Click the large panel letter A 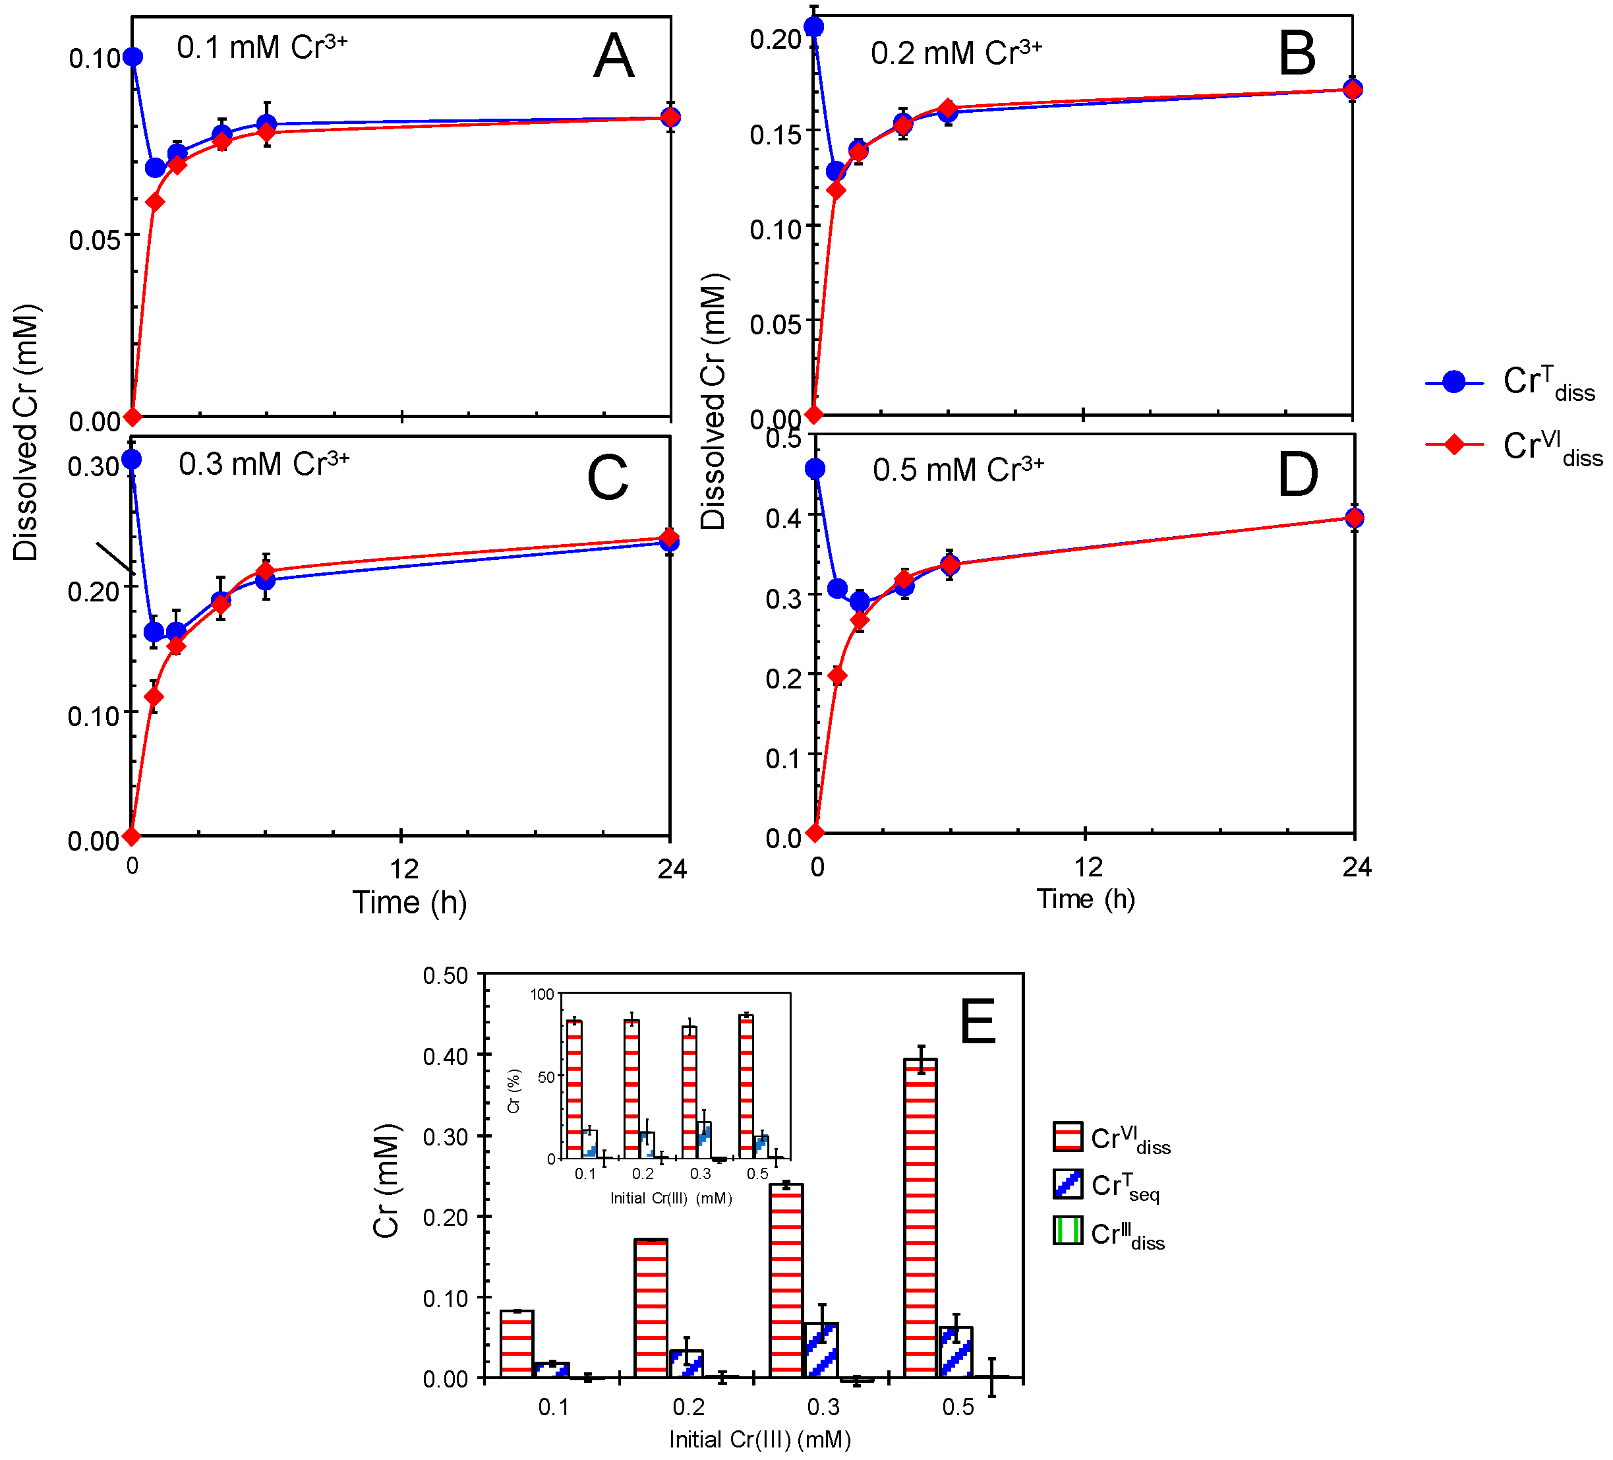click(x=614, y=56)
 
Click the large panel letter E click(x=977, y=1022)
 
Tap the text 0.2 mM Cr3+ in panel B click(x=955, y=53)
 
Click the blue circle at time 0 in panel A click(x=132, y=57)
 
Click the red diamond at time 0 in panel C click(x=132, y=836)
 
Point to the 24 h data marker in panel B click(x=1352, y=89)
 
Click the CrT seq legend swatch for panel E click(x=1068, y=1184)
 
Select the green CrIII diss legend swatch click(x=1068, y=1231)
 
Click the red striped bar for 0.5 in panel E click(x=920, y=1217)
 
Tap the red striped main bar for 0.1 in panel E click(x=517, y=1344)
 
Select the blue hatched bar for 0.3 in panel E click(x=821, y=1349)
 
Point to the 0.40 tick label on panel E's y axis click(x=445, y=1056)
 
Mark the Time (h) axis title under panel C click(x=409, y=902)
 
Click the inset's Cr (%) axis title click(x=513, y=1091)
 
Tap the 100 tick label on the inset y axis click(x=542, y=994)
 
